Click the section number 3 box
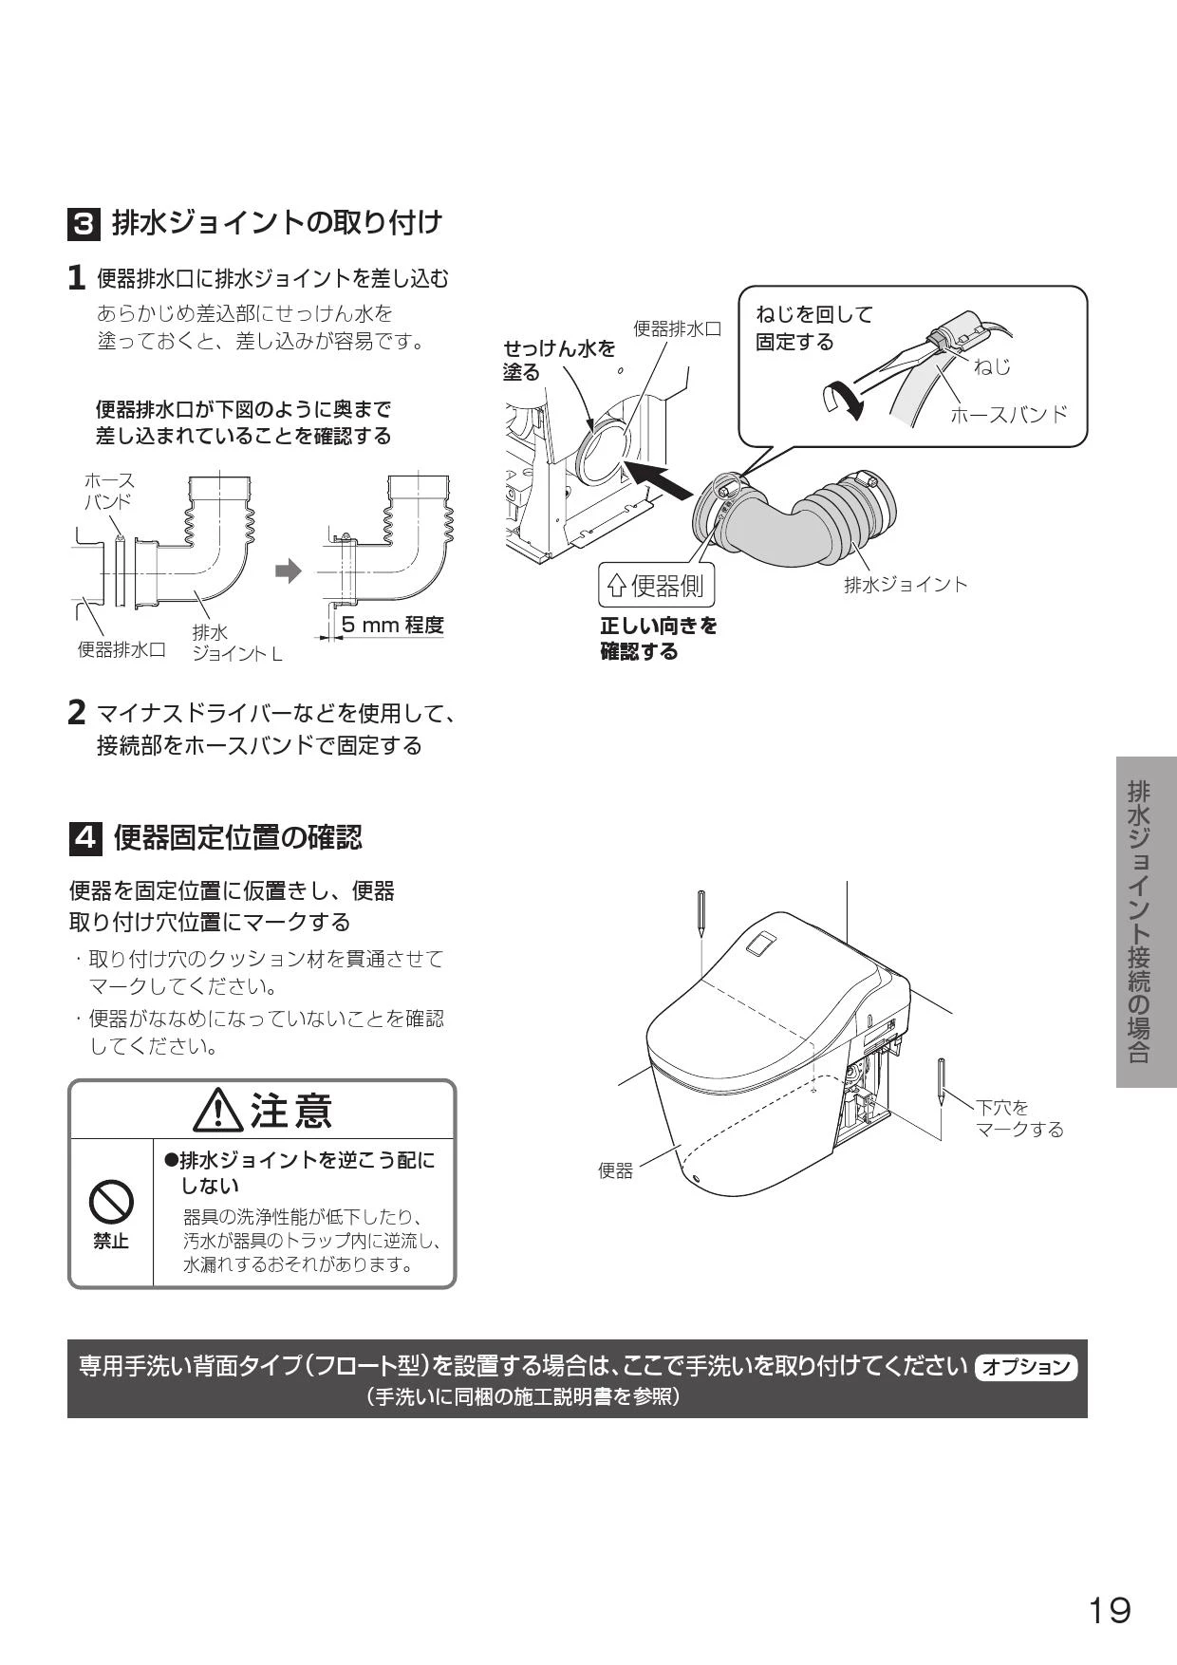click(84, 225)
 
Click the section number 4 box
click(85, 838)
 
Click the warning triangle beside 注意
click(218, 1111)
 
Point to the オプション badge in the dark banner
click(1026, 1367)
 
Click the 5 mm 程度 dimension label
click(392, 625)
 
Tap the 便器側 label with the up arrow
click(656, 586)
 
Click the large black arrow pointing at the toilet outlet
click(658, 478)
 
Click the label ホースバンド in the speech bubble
click(1009, 414)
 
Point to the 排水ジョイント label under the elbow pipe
click(906, 585)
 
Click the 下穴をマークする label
click(1019, 1118)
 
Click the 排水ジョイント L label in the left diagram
click(236, 643)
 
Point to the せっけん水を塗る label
click(559, 361)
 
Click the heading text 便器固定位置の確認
click(238, 838)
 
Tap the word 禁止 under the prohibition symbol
click(111, 1242)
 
